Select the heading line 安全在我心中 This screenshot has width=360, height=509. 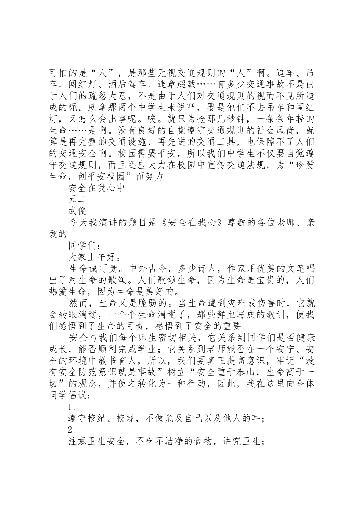pos(96,188)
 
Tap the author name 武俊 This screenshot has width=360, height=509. pos(77,211)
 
